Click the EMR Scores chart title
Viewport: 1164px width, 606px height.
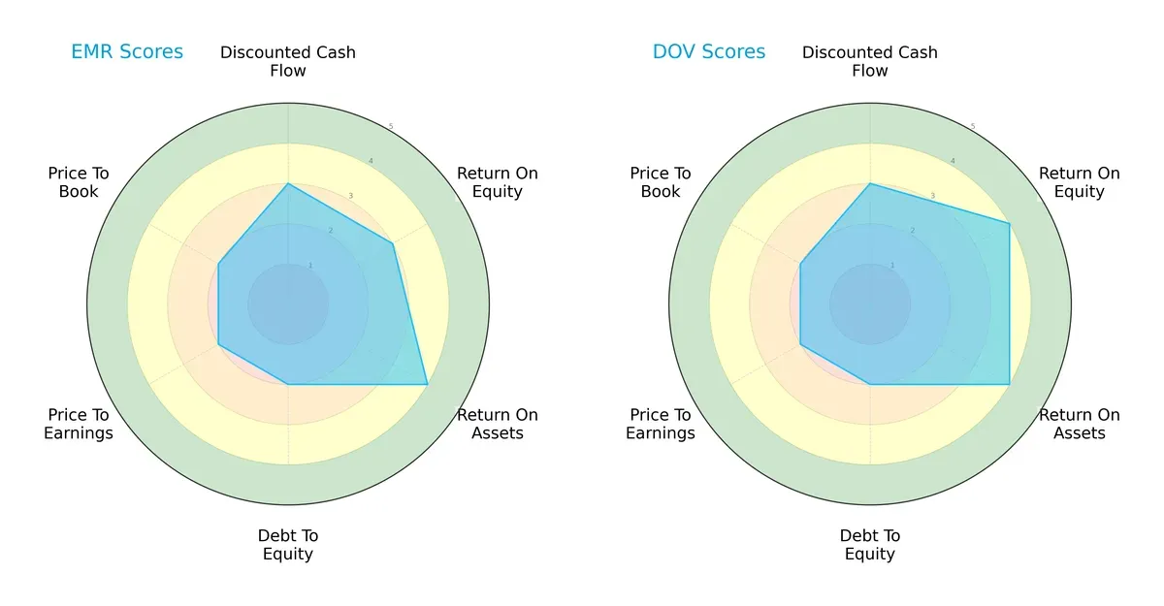tap(127, 52)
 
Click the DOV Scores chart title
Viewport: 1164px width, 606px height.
tap(709, 52)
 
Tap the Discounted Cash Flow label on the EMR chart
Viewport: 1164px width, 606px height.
tap(288, 61)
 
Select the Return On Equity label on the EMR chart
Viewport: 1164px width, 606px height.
tap(497, 182)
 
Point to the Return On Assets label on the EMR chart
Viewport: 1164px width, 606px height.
tap(497, 424)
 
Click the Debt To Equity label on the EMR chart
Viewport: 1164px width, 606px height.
tap(288, 545)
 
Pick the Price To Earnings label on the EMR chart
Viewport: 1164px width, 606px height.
tap(79, 424)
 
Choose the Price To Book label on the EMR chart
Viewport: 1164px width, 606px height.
tap(79, 182)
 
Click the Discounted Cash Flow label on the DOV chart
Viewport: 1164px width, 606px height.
tap(870, 61)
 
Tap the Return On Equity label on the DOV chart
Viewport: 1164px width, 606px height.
tap(1079, 182)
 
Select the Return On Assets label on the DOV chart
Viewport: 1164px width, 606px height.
tap(1079, 424)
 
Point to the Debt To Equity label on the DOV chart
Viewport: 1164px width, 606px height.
tap(870, 545)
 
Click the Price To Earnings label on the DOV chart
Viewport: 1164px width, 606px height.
tap(661, 424)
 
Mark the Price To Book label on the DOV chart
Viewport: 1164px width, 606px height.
tap(661, 182)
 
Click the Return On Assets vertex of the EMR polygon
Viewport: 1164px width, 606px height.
tap(427, 384)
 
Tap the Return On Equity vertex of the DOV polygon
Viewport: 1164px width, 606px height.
tap(1009, 224)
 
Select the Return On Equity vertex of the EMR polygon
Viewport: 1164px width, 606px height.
tap(393, 243)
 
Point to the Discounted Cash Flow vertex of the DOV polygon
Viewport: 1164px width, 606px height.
tap(870, 183)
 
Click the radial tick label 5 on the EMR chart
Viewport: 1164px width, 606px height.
tap(391, 127)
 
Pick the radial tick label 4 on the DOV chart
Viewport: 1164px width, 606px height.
tap(953, 161)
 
